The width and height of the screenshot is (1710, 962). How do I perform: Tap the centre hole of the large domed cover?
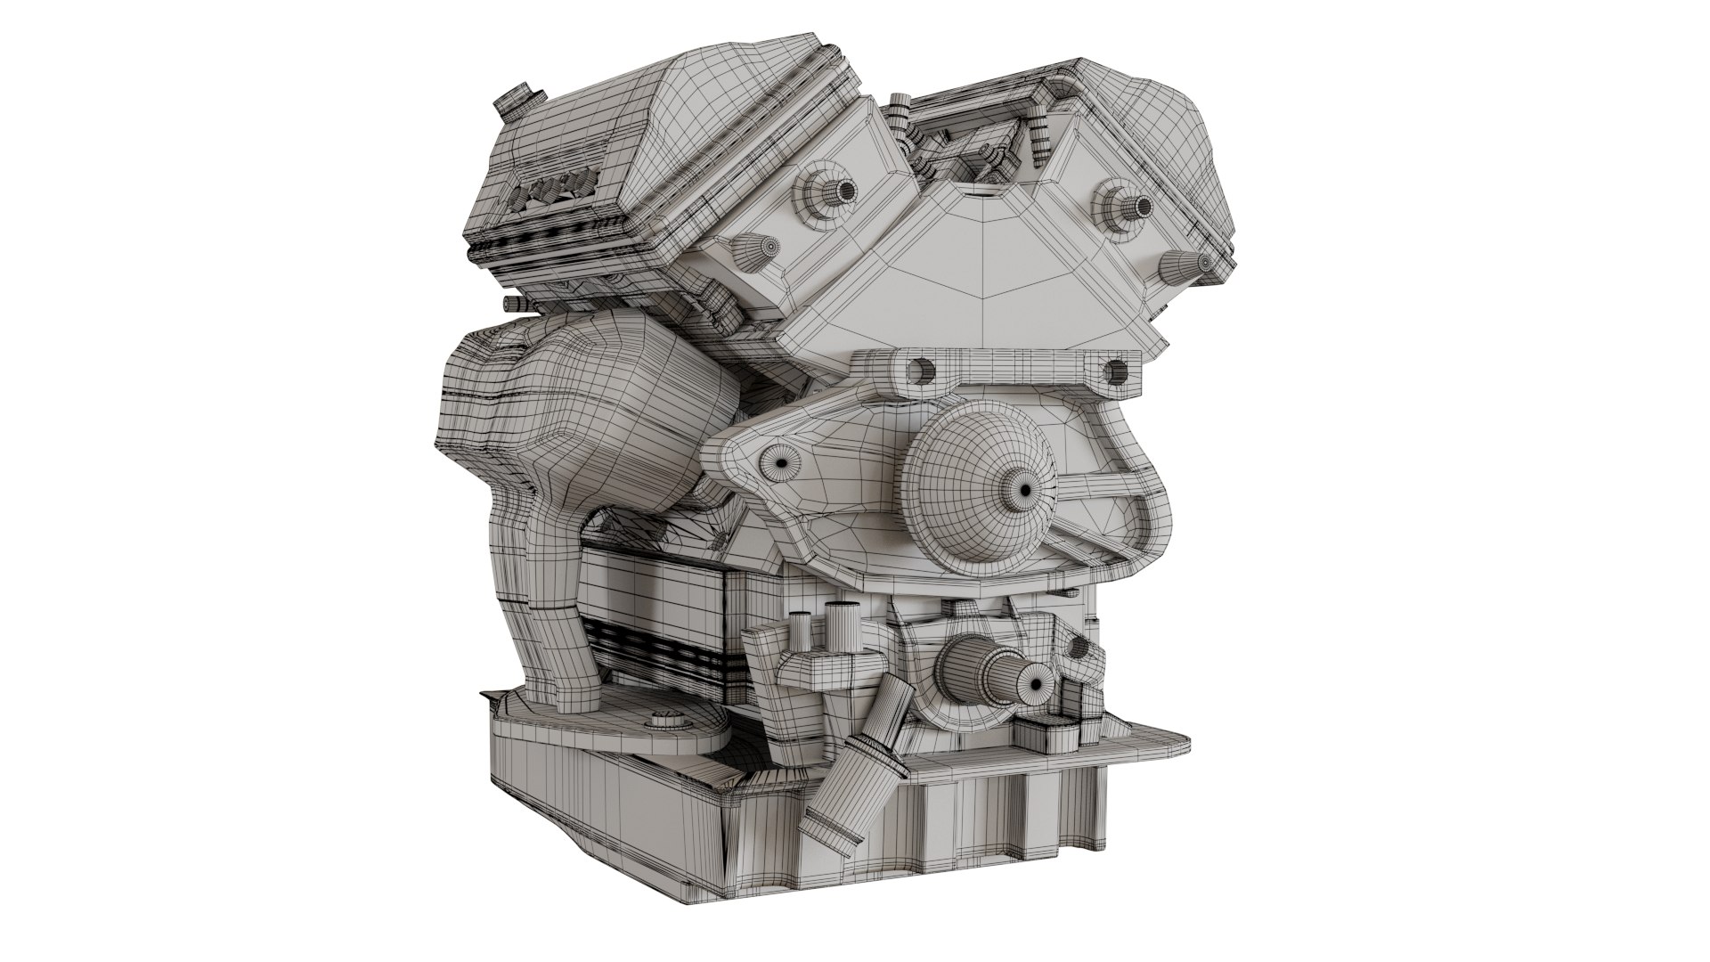point(1024,490)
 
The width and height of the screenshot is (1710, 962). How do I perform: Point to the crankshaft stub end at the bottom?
point(1036,683)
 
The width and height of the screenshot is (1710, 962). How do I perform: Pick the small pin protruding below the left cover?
point(514,305)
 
